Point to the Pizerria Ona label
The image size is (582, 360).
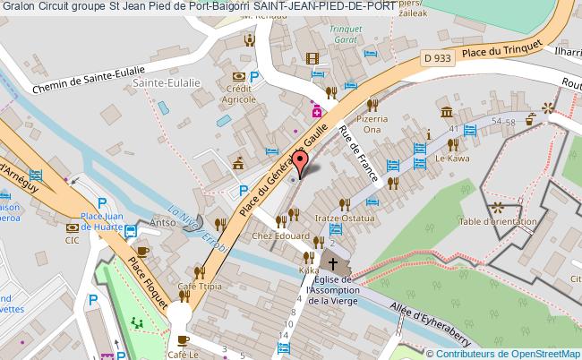coord(375,124)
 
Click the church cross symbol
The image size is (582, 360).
coord(334,265)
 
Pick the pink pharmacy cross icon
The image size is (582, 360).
coord(316,112)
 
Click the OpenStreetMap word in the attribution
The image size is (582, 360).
coord(545,353)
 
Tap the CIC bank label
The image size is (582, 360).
coord(72,239)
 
